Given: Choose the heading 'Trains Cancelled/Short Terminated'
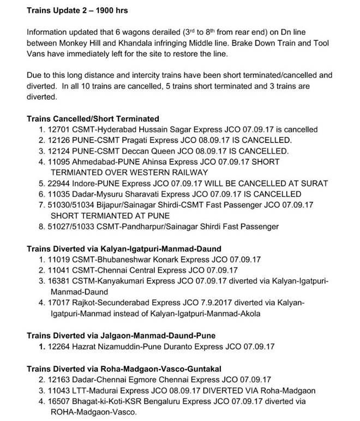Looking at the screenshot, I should click(93, 118).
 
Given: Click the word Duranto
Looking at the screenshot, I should click(177, 346).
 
